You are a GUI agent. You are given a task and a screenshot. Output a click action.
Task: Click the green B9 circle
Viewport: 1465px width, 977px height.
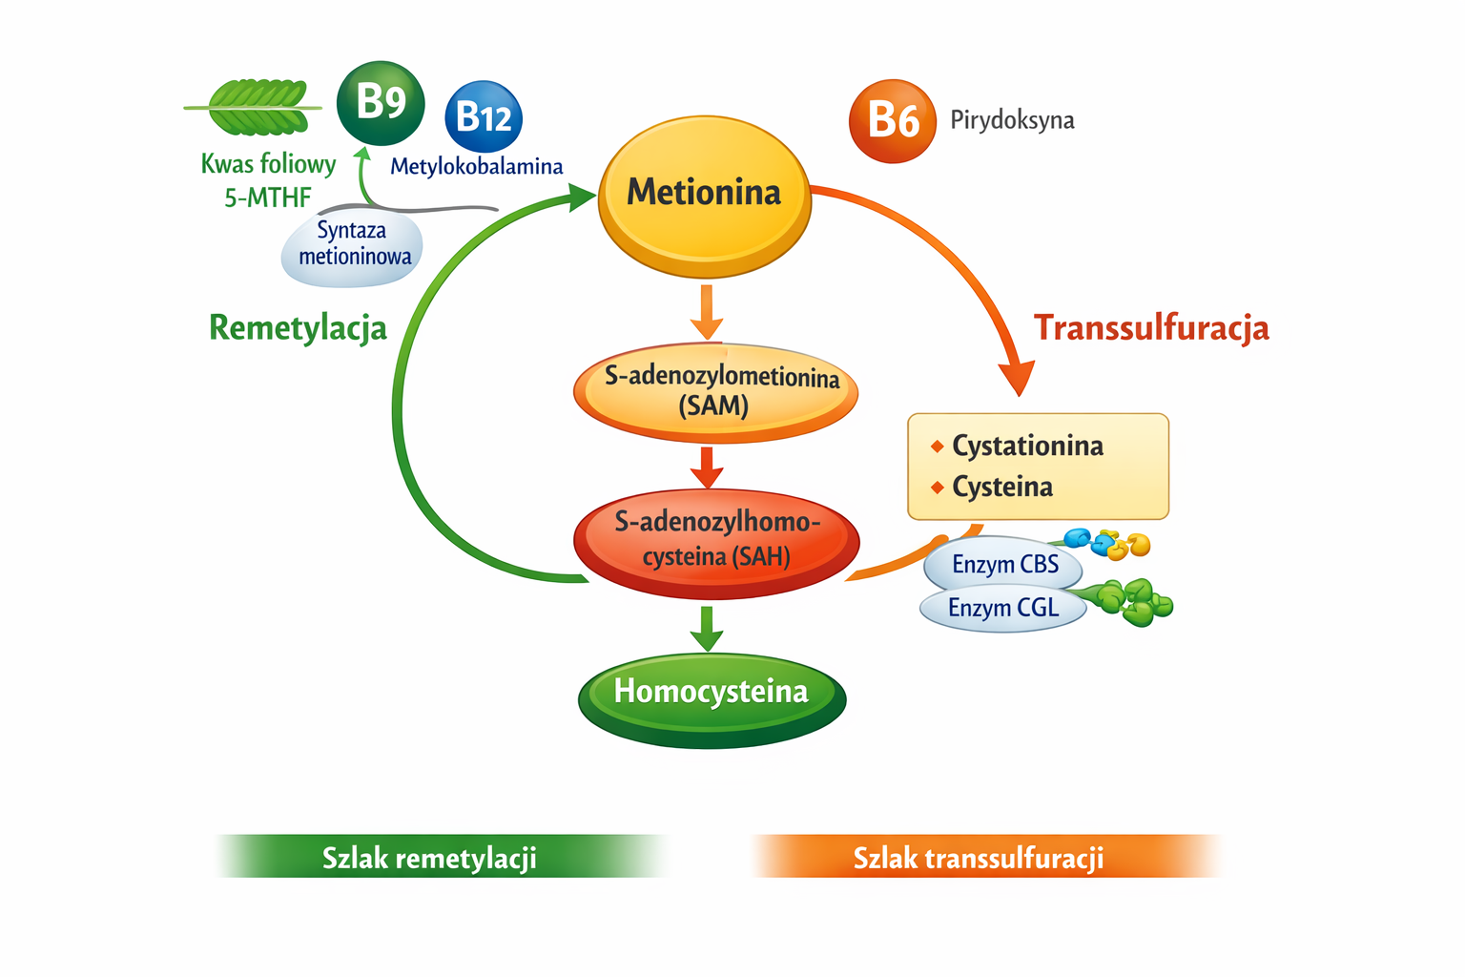tap(381, 103)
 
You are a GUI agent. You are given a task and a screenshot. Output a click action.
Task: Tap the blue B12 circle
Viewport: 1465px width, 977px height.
tap(484, 116)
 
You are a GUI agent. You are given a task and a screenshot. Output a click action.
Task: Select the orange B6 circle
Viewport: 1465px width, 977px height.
tap(893, 121)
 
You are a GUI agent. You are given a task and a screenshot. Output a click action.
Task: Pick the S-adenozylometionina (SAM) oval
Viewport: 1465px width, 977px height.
tap(715, 392)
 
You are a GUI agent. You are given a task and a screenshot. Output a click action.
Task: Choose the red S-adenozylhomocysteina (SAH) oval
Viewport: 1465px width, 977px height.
tap(716, 542)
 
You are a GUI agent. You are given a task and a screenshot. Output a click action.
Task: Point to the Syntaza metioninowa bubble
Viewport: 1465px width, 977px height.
tap(353, 247)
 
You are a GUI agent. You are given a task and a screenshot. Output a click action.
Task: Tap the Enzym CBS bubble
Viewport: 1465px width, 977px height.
tap(1003, 565)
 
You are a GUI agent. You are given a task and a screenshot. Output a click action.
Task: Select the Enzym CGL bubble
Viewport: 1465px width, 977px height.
tap(1002, 608)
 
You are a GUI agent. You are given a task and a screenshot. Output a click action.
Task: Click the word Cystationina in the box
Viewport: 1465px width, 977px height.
tap(1027, 446)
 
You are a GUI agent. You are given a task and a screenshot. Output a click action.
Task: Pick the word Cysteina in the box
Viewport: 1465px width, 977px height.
tap(1002, 487)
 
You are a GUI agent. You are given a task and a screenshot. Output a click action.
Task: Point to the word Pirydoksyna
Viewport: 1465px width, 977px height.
tap(1012, 120)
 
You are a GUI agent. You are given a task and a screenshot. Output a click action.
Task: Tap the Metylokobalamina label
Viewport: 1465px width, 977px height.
tap(476, 167)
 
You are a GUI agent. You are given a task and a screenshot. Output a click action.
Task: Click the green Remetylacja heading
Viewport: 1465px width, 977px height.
tap(298, 327)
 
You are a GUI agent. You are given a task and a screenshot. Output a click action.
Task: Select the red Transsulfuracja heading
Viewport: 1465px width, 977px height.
tap(1151, 327)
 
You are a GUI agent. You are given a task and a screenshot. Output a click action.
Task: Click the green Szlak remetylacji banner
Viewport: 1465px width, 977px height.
tap(429, 857)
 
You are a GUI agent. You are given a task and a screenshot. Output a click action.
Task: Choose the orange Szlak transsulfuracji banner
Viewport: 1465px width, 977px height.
tap(979, 857)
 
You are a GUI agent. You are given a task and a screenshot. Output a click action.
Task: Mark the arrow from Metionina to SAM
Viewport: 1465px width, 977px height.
tap(706, 311)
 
